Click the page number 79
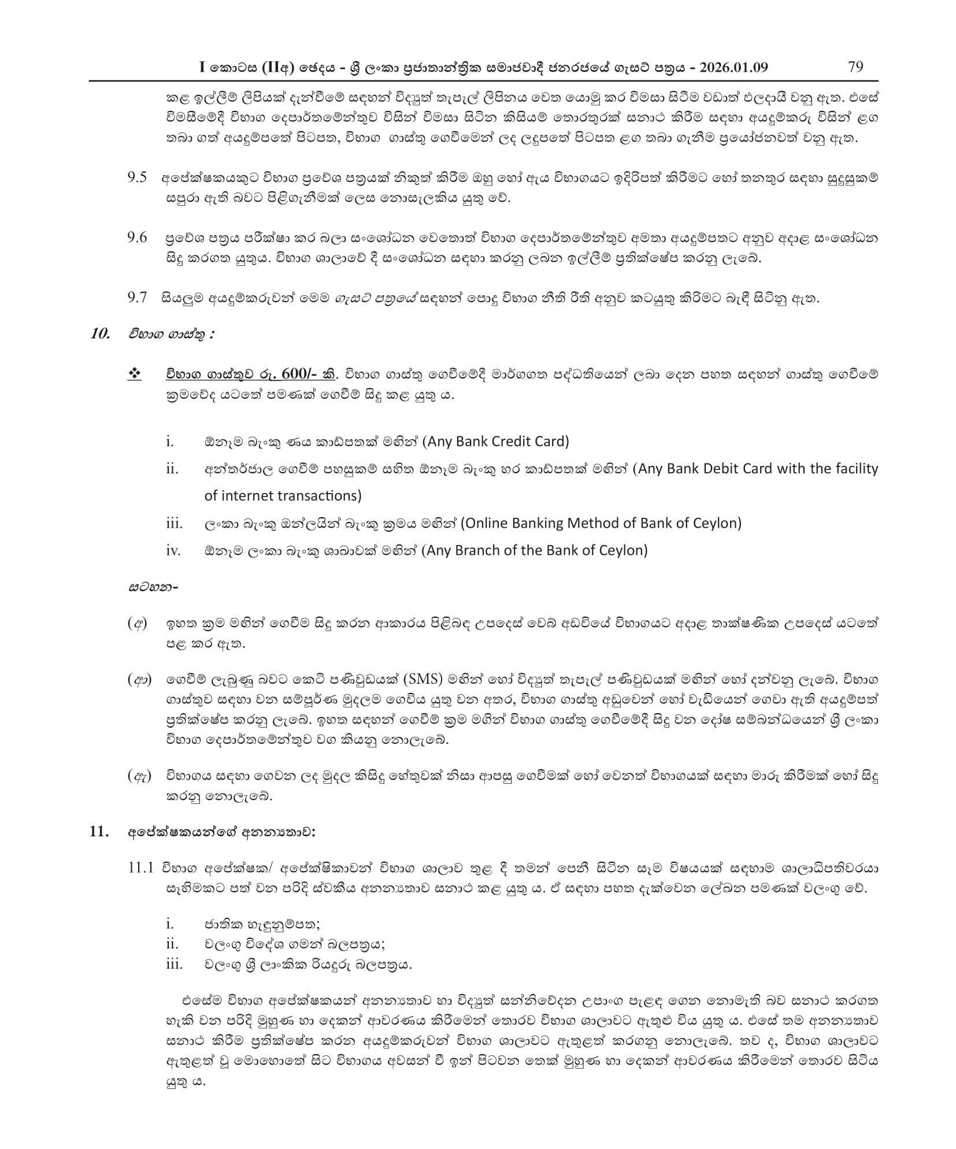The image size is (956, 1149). [855, 66]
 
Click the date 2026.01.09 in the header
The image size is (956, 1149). [733, 67]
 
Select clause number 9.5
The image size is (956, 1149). [137, 177]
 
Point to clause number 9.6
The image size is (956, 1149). [137, 238]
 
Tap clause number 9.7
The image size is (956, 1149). [137, 298]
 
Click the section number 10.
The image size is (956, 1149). [100, 333]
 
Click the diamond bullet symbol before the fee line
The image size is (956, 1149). [134, 374]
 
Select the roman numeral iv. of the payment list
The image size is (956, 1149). [173, 550]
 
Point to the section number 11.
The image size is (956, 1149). [99, 832]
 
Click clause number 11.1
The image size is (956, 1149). [140, 868]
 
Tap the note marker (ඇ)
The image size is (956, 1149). [139, 776]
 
